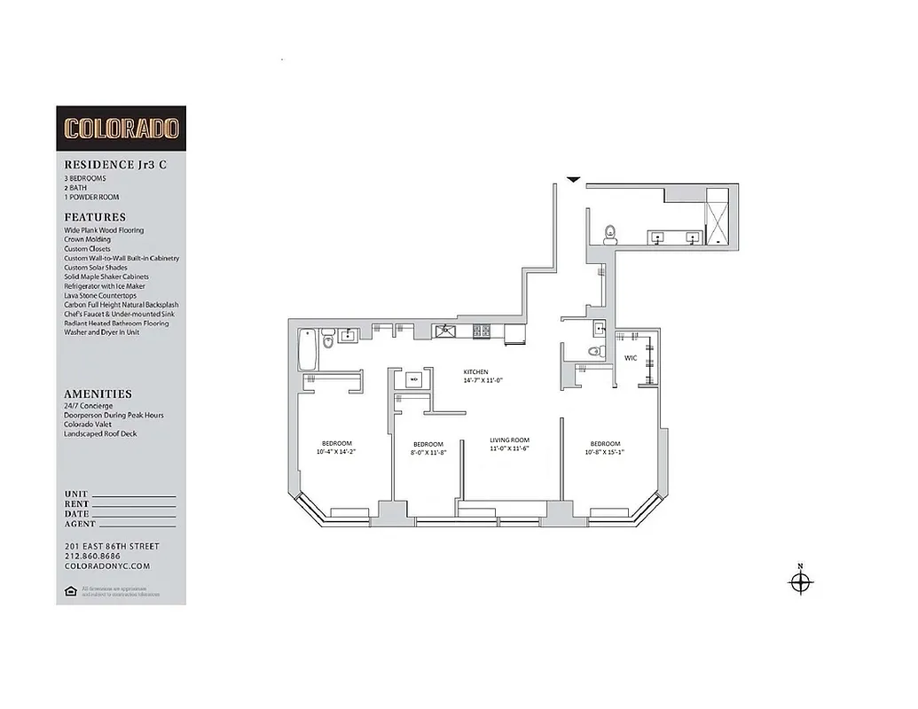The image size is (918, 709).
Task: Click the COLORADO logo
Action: click(121, 128)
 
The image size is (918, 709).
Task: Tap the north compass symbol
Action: click(801, 581)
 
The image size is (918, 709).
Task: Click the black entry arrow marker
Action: click(574, 181)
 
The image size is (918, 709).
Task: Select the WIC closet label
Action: click(631, 358)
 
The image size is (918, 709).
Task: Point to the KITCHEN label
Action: click(476, 371)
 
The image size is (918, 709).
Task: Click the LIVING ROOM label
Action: click(510, 440)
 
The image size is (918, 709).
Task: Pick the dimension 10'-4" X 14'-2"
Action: click(337, 452)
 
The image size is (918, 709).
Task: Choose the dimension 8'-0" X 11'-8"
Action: click(428, 453)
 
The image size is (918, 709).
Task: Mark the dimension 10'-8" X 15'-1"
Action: click(605, 452)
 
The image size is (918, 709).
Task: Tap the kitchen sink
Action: click(443, 331)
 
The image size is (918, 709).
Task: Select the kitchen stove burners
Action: click(481, 331)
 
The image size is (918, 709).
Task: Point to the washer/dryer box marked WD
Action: click(413, 379)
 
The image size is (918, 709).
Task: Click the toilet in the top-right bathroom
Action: click(609, 235)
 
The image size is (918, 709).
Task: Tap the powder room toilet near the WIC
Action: click(596, 353)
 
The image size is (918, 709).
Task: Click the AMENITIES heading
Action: click(98, 393)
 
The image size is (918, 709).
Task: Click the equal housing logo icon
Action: click(70, 590)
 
